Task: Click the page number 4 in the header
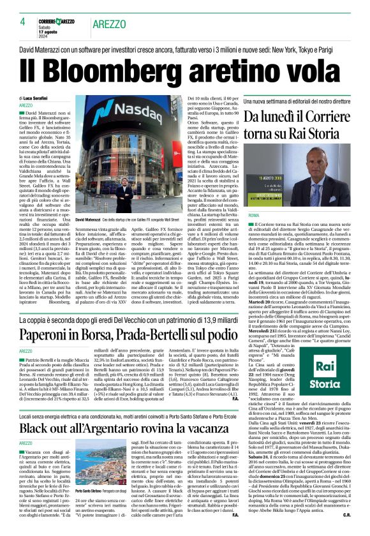(22, 21)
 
